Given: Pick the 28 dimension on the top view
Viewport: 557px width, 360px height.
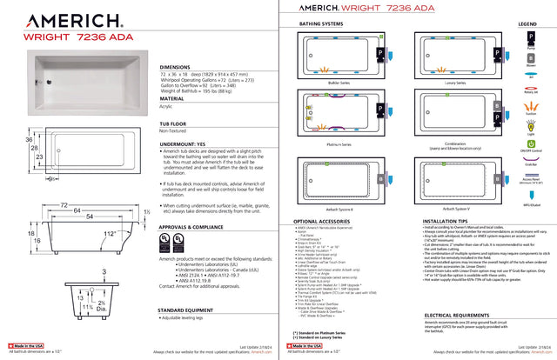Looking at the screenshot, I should (x=31, y=149).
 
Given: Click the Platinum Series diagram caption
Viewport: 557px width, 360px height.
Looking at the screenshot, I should (x=338, y=143).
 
